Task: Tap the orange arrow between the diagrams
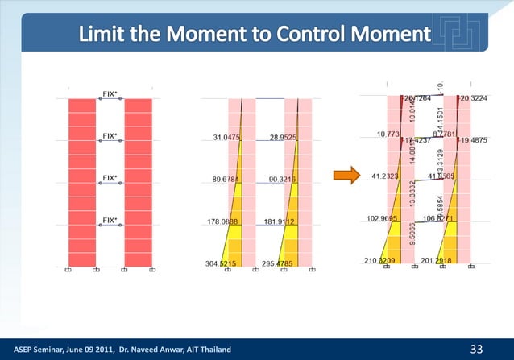pyautogui.click(x=346, y=176)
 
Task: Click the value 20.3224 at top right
pyautogui.click(x=473, y=98)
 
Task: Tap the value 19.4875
pyautogui.click(x=473, y=140)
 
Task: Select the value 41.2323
pyautogui.click(x=387, y=176)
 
